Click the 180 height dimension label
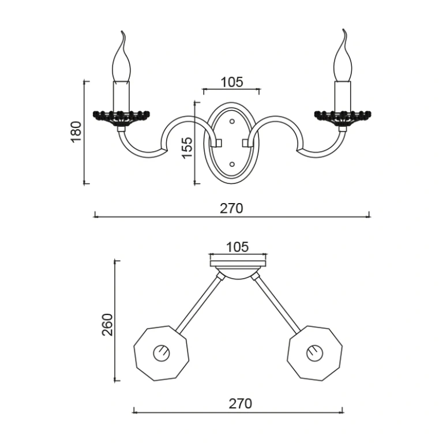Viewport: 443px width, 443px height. tap(77, 132)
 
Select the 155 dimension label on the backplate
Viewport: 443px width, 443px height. tap(187, 148)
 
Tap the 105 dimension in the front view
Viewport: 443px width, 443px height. tap(232, 82)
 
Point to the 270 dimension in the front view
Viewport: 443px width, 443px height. tap(231, 208)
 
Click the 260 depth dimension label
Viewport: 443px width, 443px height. tap(107, 325)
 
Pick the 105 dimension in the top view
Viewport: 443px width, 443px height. tap(238, 247)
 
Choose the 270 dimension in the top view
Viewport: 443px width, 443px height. tap(240, 403)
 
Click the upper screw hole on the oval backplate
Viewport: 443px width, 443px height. tap(232, 122)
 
